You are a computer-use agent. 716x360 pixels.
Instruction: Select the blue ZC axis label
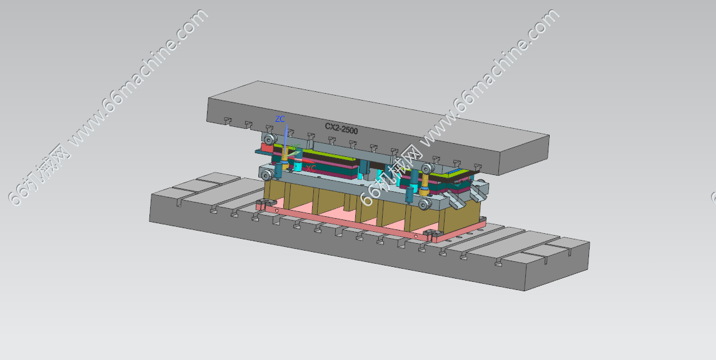pos(280,119)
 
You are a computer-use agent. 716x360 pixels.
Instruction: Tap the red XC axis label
pos(311,169)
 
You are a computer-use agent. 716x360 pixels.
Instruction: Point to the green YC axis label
pos(296,147)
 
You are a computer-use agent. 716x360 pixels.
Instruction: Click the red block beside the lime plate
pos(266,148)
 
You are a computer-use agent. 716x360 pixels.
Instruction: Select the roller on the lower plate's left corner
pos(266,175)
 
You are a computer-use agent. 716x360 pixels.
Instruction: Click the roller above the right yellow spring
pos(426,168)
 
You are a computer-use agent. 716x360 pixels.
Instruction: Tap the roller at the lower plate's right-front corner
pos(424,204)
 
